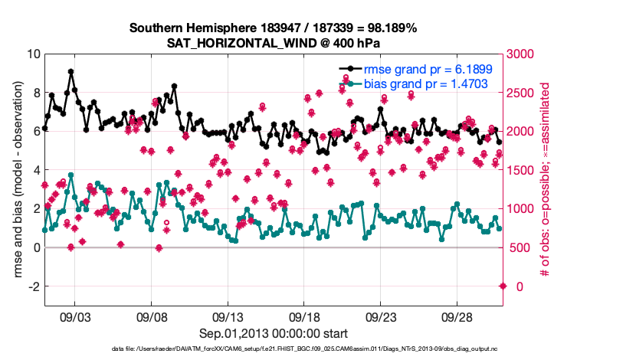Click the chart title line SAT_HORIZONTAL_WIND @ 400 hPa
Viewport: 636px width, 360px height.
[x=273, y=43]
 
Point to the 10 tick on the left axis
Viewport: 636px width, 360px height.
[x=33, y=54]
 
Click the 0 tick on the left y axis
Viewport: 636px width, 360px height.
[x=36, y=247]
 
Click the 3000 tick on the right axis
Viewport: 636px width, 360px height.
[x=523, y=54]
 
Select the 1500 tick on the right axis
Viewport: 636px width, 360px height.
[x=523, y=170]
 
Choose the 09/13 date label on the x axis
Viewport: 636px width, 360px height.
[x=228, y=316]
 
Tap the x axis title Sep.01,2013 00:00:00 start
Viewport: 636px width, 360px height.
[x=273, y=334]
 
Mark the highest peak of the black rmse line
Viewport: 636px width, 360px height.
[x=70, y=71]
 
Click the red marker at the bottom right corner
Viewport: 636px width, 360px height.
[x=503, y=286]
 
